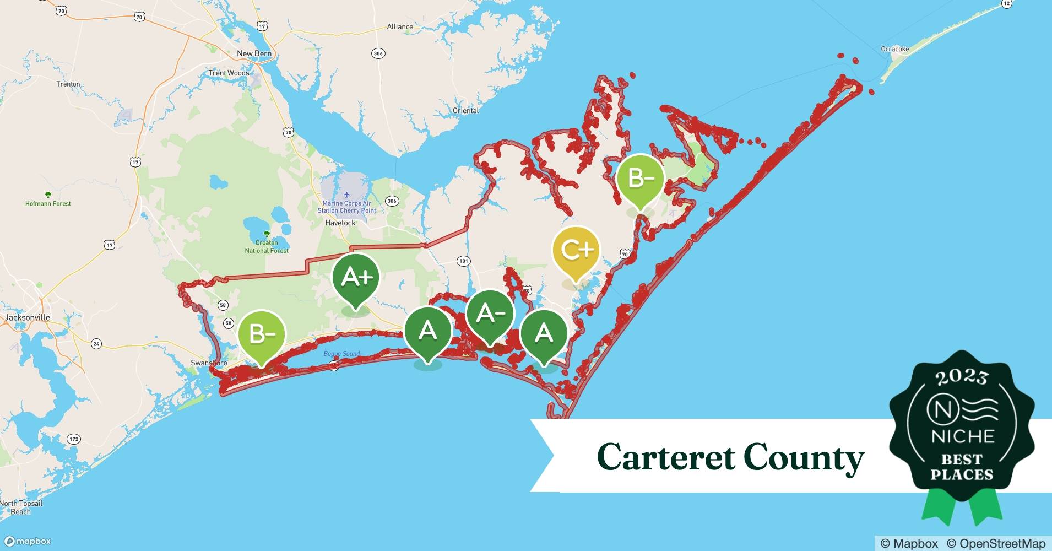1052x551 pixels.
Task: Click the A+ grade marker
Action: tap(356, 277)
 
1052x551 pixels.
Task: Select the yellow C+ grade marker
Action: tap(576, 251)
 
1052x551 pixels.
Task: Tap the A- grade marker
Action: tap(490, 314)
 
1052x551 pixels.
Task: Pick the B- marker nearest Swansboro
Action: tap(262, 334)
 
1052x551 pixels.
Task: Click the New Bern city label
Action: tap(254, 53)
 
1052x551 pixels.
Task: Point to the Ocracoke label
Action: tap(894, 49)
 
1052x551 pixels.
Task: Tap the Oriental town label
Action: tap(465, 111)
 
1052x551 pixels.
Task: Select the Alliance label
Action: tap(400, 26)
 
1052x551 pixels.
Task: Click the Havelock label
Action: tap(340, 223)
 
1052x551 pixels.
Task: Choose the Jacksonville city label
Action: tap(28, 318)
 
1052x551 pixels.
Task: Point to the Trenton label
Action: tap(68, 84)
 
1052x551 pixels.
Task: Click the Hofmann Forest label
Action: tap(48, 203)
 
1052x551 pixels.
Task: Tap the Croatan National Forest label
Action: tap(267, 246)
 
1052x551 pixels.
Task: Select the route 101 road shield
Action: tap(464, 261)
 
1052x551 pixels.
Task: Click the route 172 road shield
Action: tap(74, 439)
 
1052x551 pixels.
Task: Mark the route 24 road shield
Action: tap(96, 344)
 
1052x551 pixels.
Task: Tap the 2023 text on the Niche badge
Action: tap(962, 377)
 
